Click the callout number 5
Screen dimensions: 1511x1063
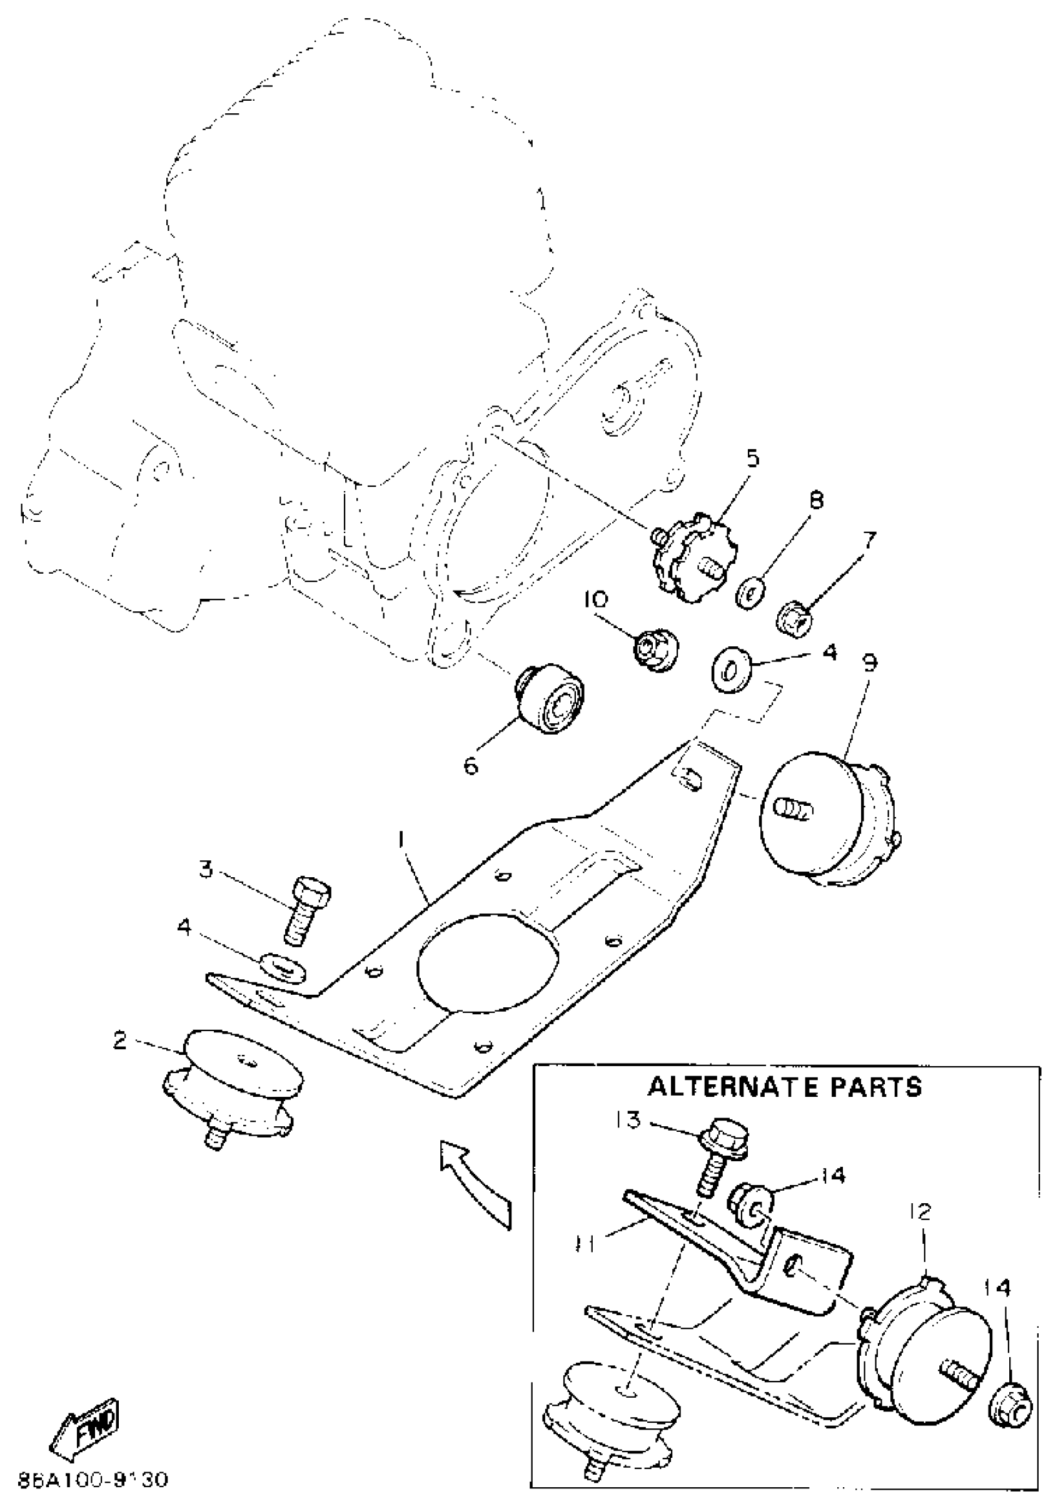752,457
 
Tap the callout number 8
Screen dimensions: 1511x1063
815,501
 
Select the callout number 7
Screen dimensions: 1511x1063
869,541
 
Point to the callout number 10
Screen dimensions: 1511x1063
596,599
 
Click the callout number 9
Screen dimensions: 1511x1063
870,663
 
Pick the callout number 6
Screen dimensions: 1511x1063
471,765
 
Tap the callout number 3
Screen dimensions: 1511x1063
206,869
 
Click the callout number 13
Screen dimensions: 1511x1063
630,1119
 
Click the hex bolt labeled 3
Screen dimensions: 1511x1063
304,910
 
